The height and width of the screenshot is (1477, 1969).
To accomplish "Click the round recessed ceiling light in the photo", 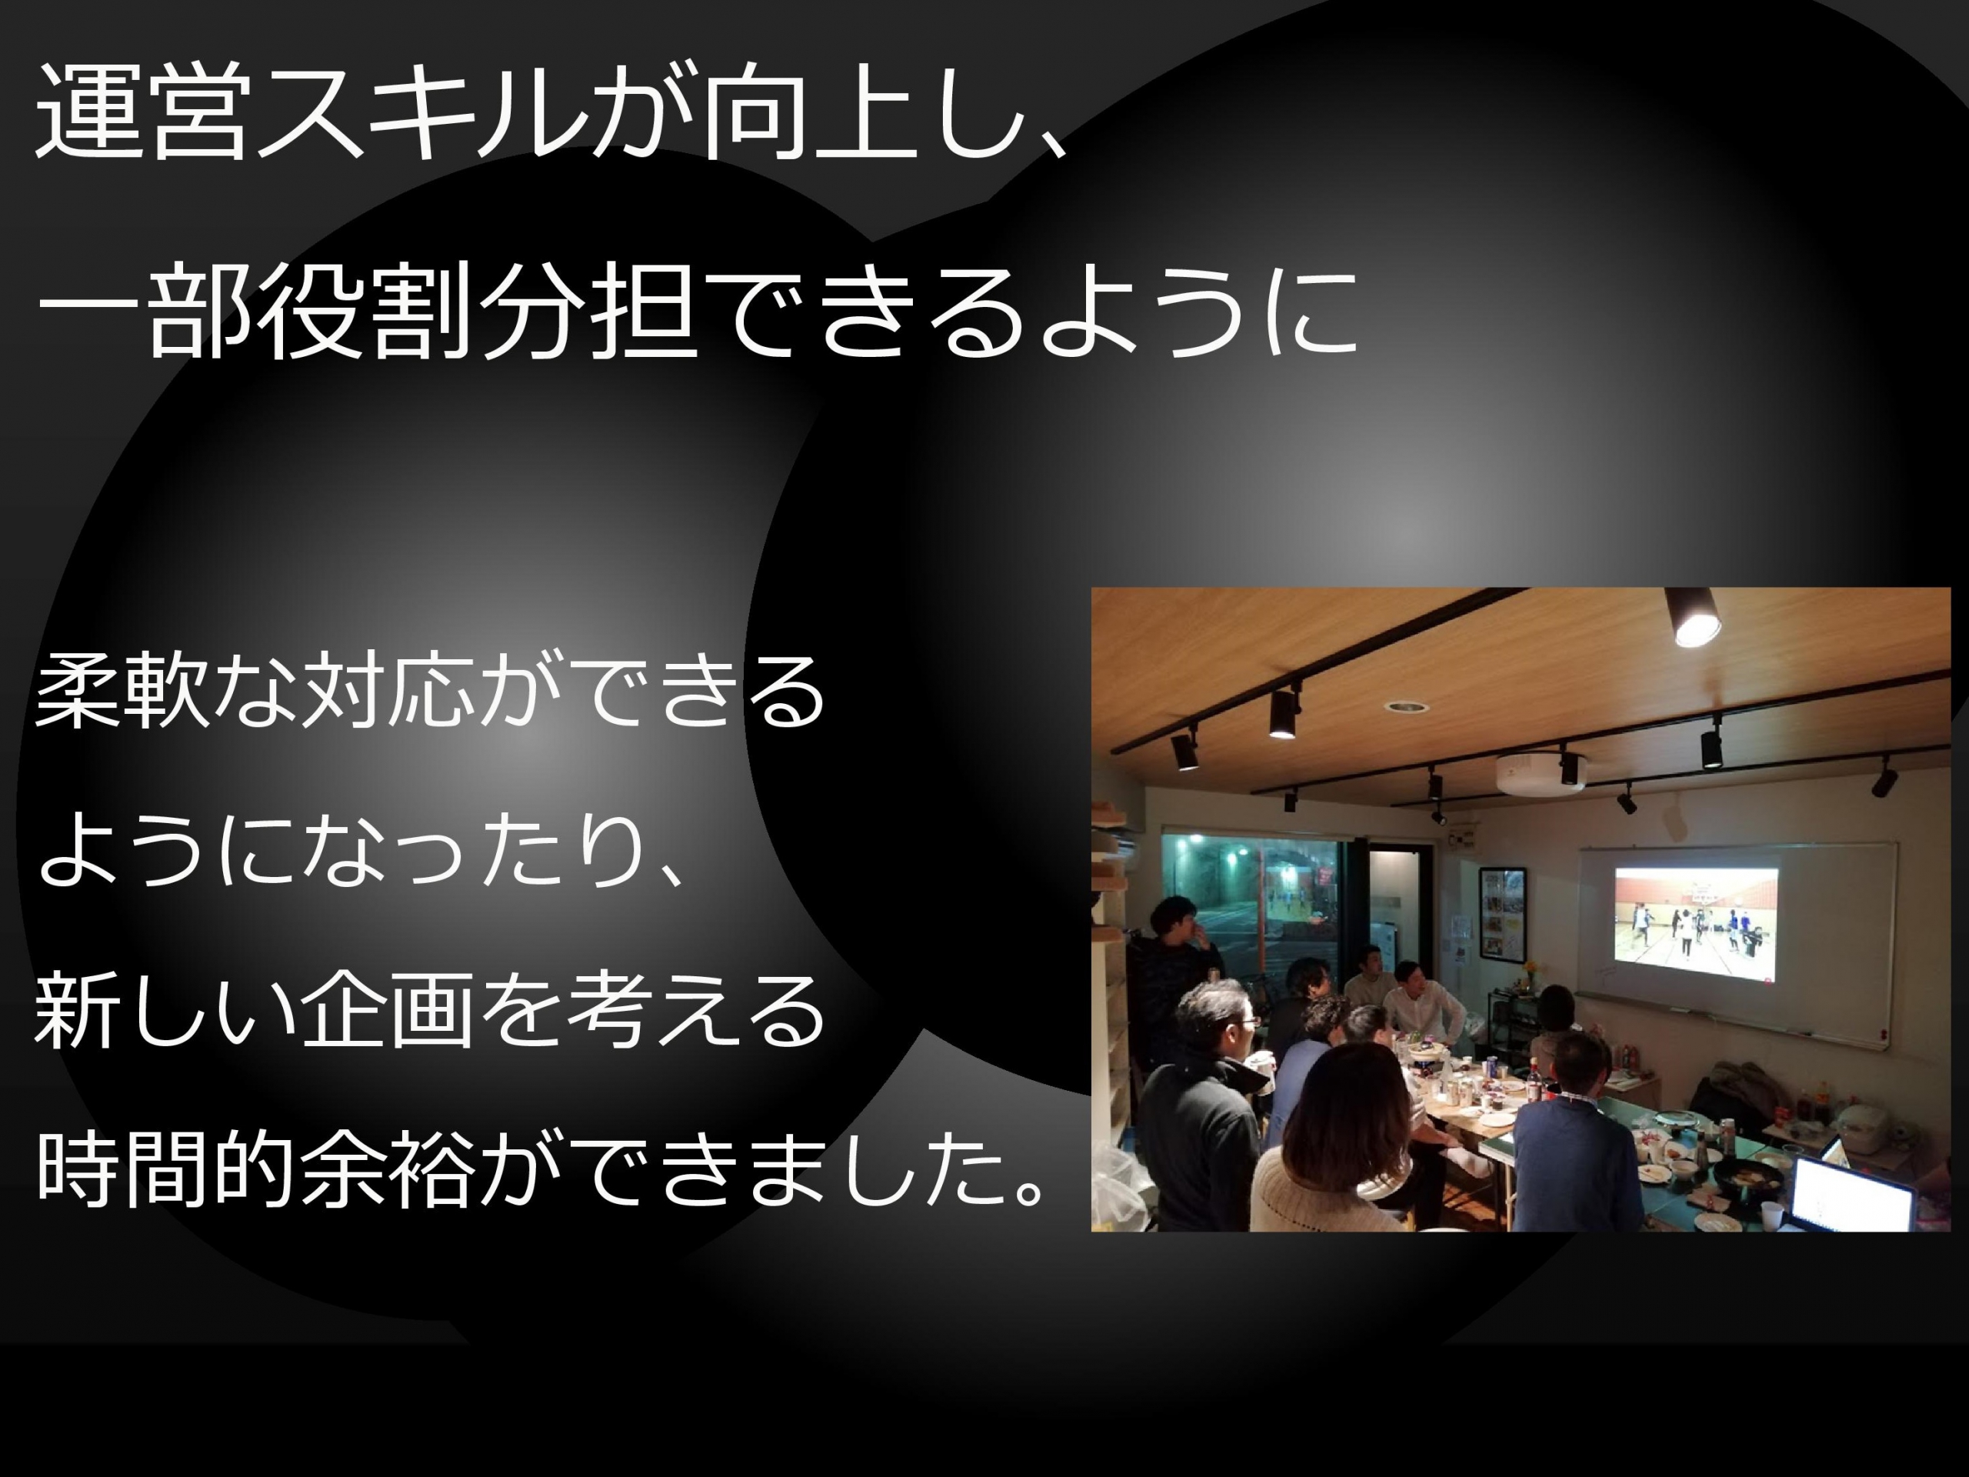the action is [1407, 706].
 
